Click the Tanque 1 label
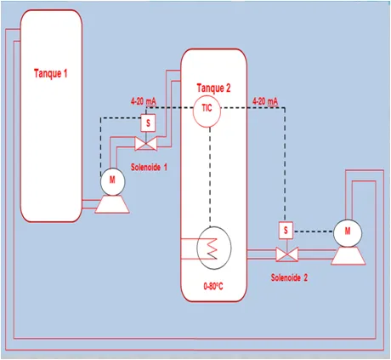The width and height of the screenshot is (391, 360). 51,73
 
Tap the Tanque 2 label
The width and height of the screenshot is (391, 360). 213,88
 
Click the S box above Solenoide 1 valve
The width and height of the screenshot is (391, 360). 148,123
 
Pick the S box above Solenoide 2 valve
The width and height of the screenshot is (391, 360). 286,230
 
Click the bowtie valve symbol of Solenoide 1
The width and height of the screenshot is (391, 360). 146,144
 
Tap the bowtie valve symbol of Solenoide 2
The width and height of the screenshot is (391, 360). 286,254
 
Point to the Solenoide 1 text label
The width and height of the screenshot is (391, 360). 149,167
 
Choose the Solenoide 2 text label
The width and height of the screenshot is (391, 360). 289,277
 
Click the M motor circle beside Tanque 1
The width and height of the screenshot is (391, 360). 112,181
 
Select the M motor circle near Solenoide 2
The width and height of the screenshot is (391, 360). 348,233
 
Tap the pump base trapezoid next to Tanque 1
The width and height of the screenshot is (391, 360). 112,204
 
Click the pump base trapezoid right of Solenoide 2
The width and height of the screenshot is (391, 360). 348,256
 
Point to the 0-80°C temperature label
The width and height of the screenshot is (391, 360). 213,287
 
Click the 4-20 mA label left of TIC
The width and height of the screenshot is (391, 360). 144,101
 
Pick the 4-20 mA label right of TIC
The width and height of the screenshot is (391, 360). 265,101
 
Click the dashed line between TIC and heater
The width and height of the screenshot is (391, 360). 210,176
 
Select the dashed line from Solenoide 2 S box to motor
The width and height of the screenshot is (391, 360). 313,231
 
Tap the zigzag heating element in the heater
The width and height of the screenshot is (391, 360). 212,249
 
